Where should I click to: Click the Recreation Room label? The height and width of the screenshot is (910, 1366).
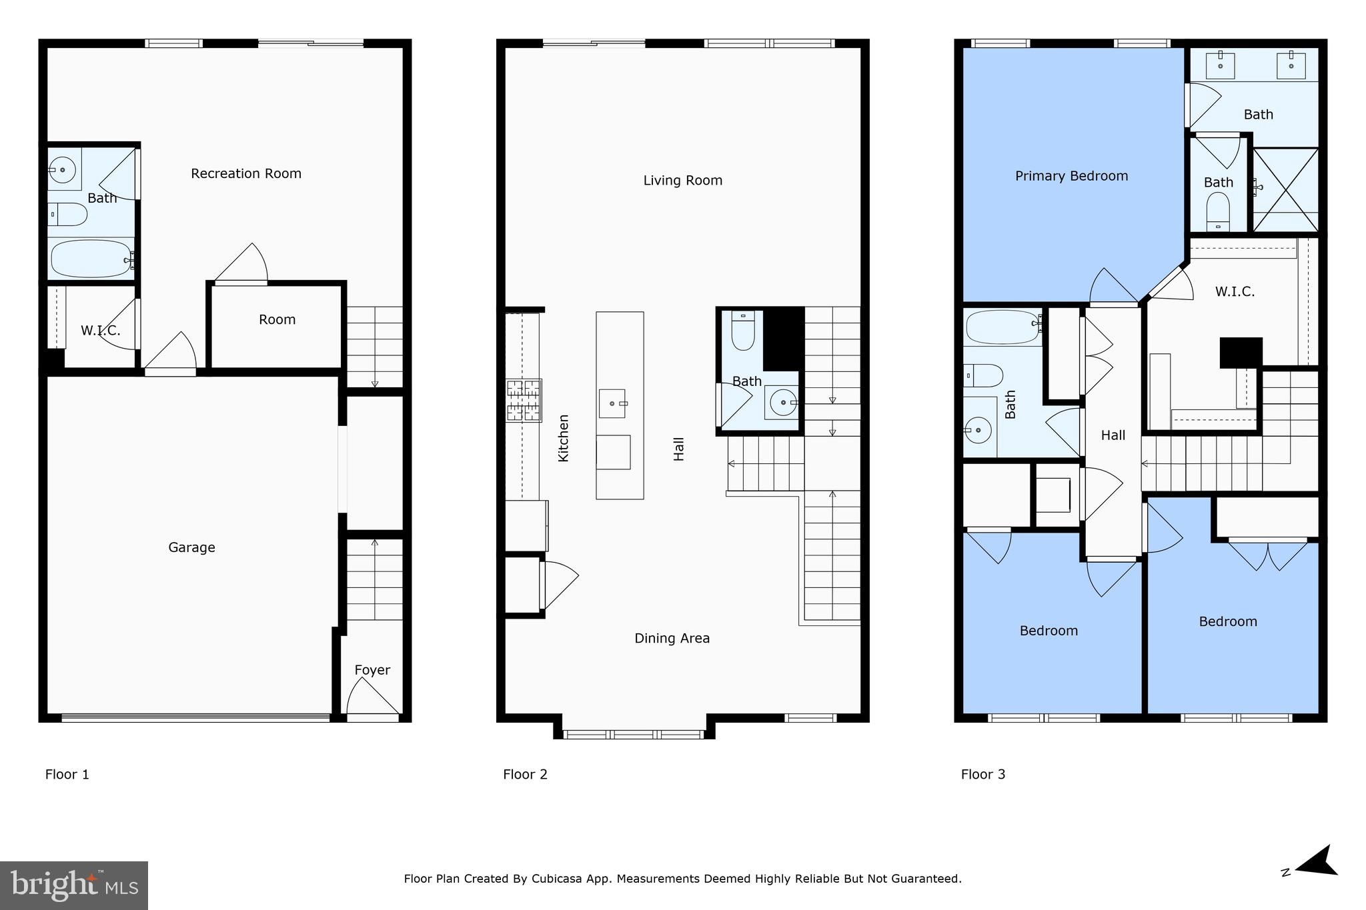246,173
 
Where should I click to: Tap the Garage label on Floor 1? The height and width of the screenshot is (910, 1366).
191,547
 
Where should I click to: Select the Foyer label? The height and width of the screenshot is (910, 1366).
372,670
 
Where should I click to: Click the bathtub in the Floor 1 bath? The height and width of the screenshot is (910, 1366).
90,258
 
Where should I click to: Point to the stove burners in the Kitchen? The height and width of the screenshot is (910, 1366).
524,400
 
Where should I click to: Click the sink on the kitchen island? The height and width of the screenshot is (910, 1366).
612,403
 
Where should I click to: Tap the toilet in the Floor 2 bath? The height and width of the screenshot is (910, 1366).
742,331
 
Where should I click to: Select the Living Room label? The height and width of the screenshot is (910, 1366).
682,180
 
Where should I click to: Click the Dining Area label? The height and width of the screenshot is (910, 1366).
672,638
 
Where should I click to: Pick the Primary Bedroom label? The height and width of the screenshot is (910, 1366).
1071,176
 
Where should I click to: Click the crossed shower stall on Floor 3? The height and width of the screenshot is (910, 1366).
1285,189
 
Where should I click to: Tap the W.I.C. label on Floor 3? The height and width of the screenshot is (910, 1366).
1235,291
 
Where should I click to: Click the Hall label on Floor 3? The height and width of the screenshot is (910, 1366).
1113,435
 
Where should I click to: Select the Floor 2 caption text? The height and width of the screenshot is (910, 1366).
525,774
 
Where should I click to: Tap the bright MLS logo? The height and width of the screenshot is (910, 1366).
74,885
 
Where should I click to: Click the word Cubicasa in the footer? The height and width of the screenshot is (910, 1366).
557,879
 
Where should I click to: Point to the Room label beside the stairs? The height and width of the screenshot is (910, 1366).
277,319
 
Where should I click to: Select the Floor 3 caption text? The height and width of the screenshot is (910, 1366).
982,774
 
